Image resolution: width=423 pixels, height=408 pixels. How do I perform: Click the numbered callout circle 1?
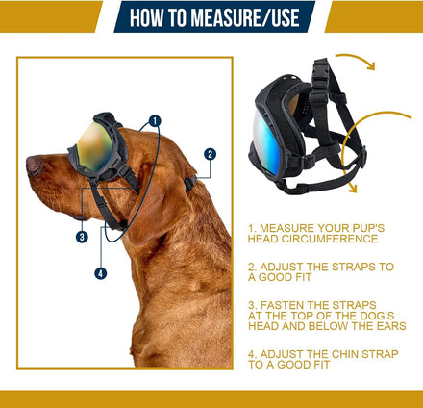(155, 121)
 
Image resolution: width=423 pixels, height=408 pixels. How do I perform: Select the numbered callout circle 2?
(210, 154)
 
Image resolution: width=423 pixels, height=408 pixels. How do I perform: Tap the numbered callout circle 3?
(82, 237)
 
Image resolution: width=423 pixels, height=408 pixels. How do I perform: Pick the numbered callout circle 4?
(101, 273)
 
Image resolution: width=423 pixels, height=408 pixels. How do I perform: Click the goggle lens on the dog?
(94, 146)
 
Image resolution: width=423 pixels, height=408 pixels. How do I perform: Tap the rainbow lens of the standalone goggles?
(266, 141)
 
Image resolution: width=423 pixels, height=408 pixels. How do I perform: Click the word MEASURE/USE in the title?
(245, 17)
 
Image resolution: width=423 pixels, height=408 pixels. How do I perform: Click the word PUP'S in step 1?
(368, 228)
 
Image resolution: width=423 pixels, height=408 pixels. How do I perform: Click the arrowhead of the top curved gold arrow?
(371, 66)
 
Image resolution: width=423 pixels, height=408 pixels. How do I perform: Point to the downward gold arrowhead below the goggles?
(352, 188)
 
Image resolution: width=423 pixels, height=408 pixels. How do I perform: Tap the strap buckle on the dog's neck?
(190, 184)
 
